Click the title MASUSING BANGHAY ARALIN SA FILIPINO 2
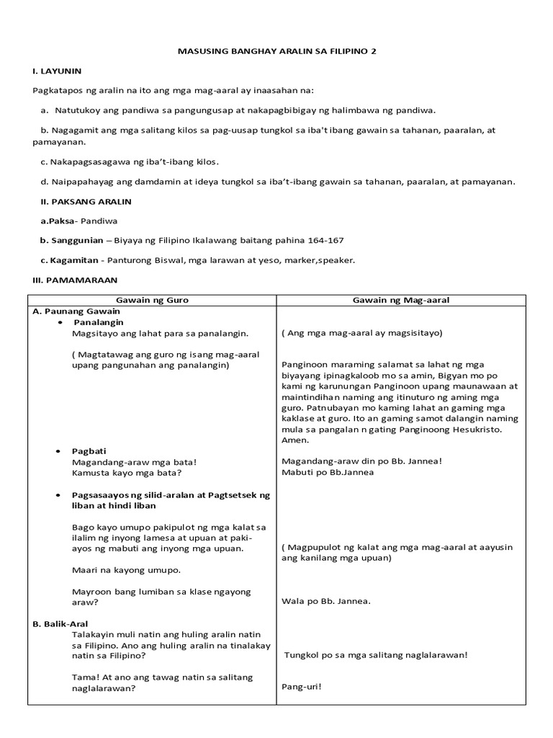point(277,52)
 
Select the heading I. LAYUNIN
point(57,71)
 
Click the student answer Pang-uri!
point(302,686)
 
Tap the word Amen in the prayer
point(295,440)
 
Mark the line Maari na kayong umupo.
point(126,569)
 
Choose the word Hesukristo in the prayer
point(490,430)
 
